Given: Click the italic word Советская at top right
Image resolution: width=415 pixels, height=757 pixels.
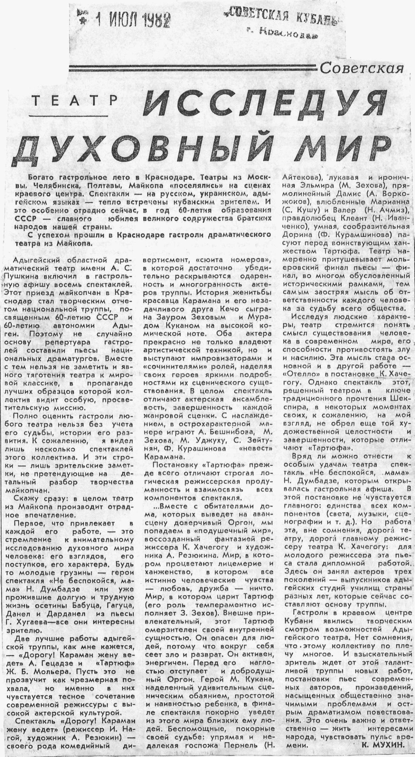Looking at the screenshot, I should pyautogui.click(x=362, y=68).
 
